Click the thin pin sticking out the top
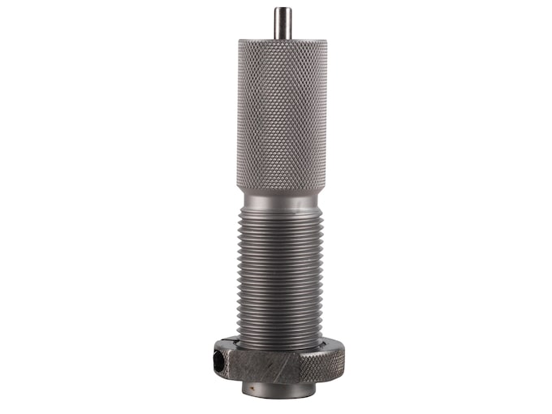pyautogui.click(x=282, y=24)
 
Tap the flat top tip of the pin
pyautogui.click(x=282, y=9)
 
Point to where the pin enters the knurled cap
pyautogui.click(x=282, y=38)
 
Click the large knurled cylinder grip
pyautogui.click(x=282, y=114)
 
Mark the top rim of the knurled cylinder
pyautogui.click(x=282, y=41)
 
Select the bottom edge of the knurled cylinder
pyautogui.click(x=282, y=189)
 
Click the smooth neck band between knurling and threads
pyautogui.click(x=282, y=200)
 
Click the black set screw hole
pyautogui.click(x=219, y=357)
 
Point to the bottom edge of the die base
pyautogui.click(x=280, y=397)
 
